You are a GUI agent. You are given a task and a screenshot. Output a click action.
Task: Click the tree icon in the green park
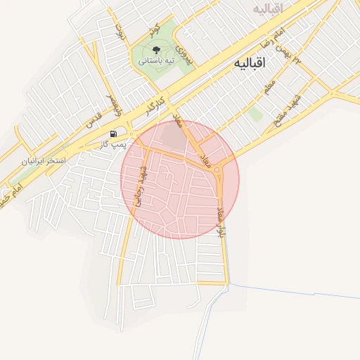click(155, 50)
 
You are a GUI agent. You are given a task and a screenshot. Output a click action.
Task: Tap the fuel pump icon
click(113, 134)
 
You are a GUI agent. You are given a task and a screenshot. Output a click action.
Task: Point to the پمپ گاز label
click(112, 144)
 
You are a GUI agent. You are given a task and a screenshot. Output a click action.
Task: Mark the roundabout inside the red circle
click(219, 169)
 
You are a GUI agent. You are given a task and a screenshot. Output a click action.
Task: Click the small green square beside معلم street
click(256, 113)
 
